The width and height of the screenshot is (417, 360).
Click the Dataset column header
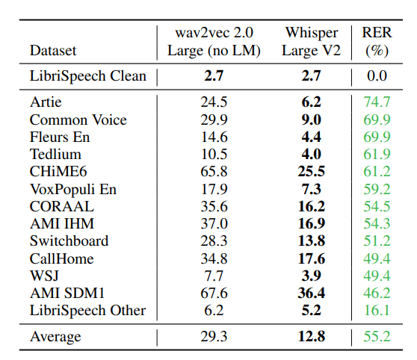53,51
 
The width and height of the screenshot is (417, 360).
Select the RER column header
377,33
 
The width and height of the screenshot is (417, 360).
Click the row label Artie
46,102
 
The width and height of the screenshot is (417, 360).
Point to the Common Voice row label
78,120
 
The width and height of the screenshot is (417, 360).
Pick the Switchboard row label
69,240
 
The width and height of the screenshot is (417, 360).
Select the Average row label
55,337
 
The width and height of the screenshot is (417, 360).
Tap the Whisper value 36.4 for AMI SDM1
311,293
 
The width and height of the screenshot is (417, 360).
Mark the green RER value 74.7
377,102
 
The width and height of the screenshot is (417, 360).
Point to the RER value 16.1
377,310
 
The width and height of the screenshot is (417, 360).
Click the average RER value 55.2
377,337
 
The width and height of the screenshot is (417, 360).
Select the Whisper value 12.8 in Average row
311,337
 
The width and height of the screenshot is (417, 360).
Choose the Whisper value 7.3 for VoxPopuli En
311,189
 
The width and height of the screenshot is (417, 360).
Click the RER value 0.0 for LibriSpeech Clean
377,76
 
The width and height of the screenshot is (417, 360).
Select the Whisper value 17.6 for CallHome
311,258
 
